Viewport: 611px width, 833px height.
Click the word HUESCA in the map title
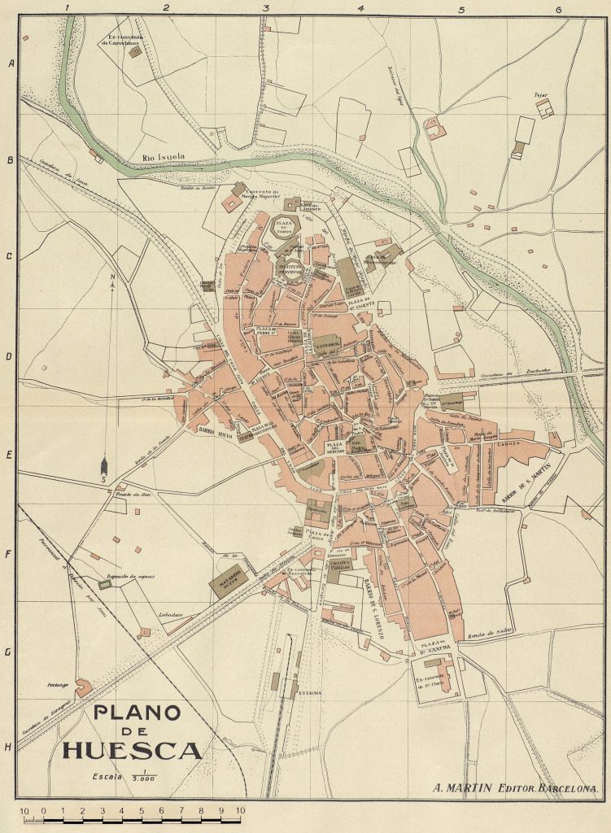(x=132, y=749)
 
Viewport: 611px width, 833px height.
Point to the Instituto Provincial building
(x=292, y=272)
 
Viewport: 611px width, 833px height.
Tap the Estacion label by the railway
(x=309, y=693)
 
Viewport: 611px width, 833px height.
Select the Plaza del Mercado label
(x=334, y=448)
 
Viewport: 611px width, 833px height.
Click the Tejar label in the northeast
(x=539, y=95)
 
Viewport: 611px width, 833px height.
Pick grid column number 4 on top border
(x=361, y=8)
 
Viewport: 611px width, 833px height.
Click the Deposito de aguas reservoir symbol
(x=103, y=584)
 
